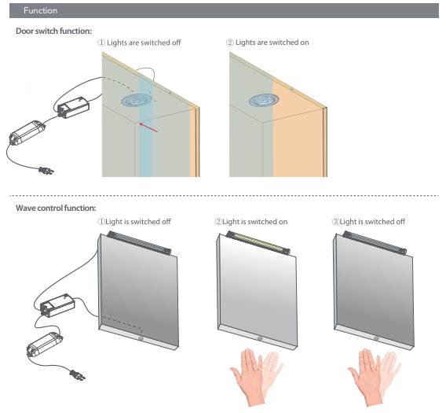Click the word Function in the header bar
40,11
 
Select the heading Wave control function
56,208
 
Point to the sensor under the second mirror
258,337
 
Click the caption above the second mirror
251,222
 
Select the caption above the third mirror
369,222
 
